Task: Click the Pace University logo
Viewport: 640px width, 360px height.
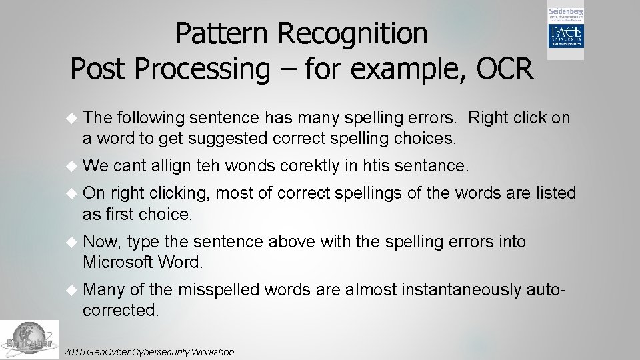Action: (x=566, y=31)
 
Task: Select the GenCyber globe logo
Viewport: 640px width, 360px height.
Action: (x=29, y=339)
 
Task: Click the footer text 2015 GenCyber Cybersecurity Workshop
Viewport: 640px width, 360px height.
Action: (x=147, y=351)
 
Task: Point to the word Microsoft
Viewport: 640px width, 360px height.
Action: (x=118, y=263)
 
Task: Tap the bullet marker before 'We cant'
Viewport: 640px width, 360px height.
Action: (x=73, y=165)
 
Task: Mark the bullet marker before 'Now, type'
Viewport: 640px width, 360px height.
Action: (x=73, y=242)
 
